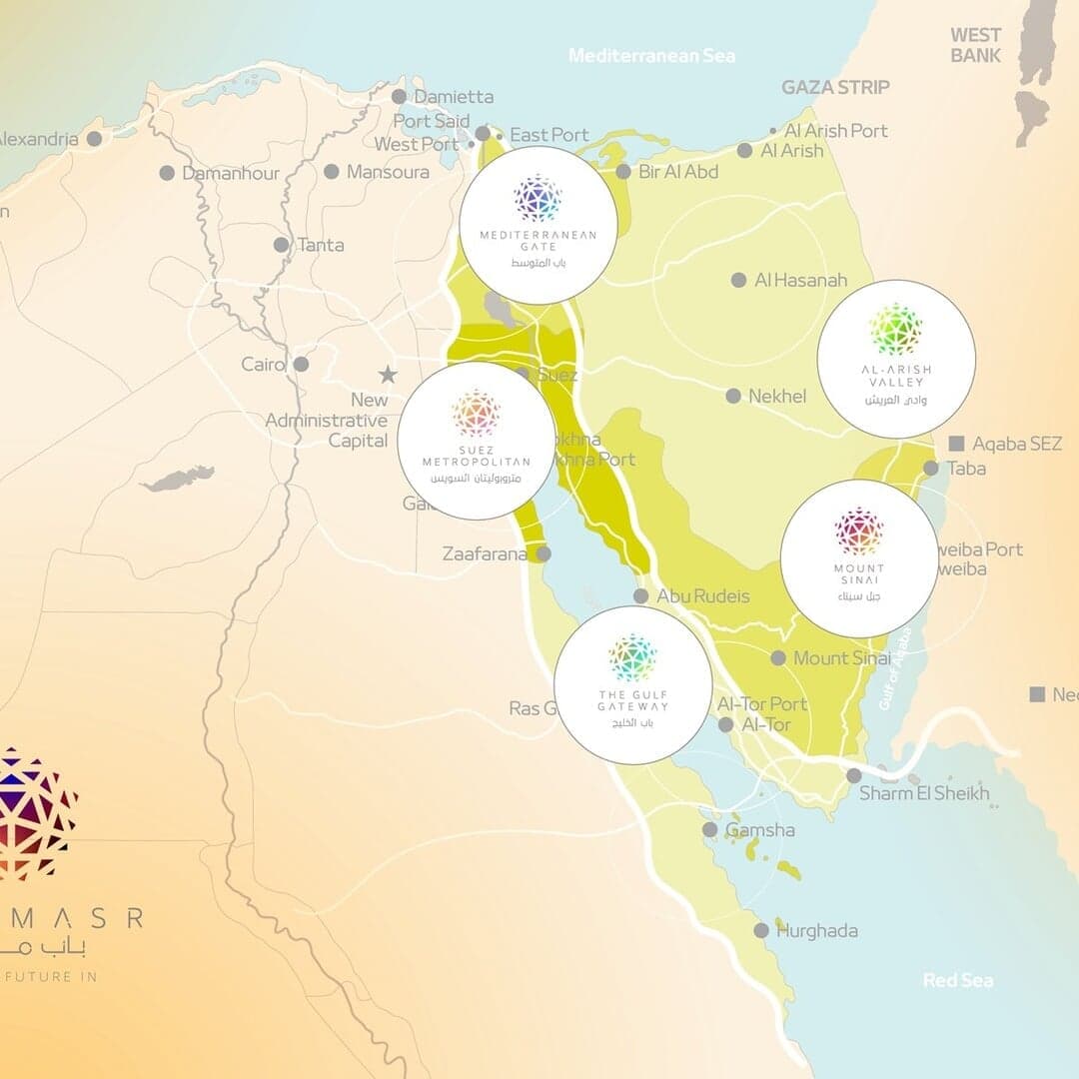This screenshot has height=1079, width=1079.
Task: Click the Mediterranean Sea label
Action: [651, 56]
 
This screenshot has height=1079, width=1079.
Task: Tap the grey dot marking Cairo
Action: [301, 365]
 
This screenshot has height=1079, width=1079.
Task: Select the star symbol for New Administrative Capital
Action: [388, 375]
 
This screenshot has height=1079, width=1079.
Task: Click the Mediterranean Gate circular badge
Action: [539, 225]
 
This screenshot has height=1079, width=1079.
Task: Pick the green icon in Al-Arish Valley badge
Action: [896, 330]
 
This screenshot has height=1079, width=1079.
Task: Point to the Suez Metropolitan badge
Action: [477, 441]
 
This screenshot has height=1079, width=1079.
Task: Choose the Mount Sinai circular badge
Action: [859, 558]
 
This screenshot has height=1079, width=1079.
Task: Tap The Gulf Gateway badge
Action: [633, 685]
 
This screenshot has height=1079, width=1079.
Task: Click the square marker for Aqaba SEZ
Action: [957, 443]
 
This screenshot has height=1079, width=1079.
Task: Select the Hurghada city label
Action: [817, 931]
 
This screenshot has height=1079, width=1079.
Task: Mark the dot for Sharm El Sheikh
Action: [854, 775]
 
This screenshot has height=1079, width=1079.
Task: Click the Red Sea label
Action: [958, 980]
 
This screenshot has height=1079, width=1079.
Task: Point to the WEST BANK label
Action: [976, 46]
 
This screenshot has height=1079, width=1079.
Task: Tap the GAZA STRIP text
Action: [835, 88]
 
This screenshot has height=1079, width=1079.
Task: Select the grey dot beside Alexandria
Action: [94, 139]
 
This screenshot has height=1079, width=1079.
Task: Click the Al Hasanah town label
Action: [801, 281]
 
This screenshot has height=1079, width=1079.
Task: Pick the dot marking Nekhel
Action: [733, 397]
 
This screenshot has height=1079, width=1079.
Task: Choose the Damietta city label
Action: [454, 97]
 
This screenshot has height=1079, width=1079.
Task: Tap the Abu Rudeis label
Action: [702, 596]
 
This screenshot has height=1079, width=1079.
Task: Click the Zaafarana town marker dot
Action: [543, 553]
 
